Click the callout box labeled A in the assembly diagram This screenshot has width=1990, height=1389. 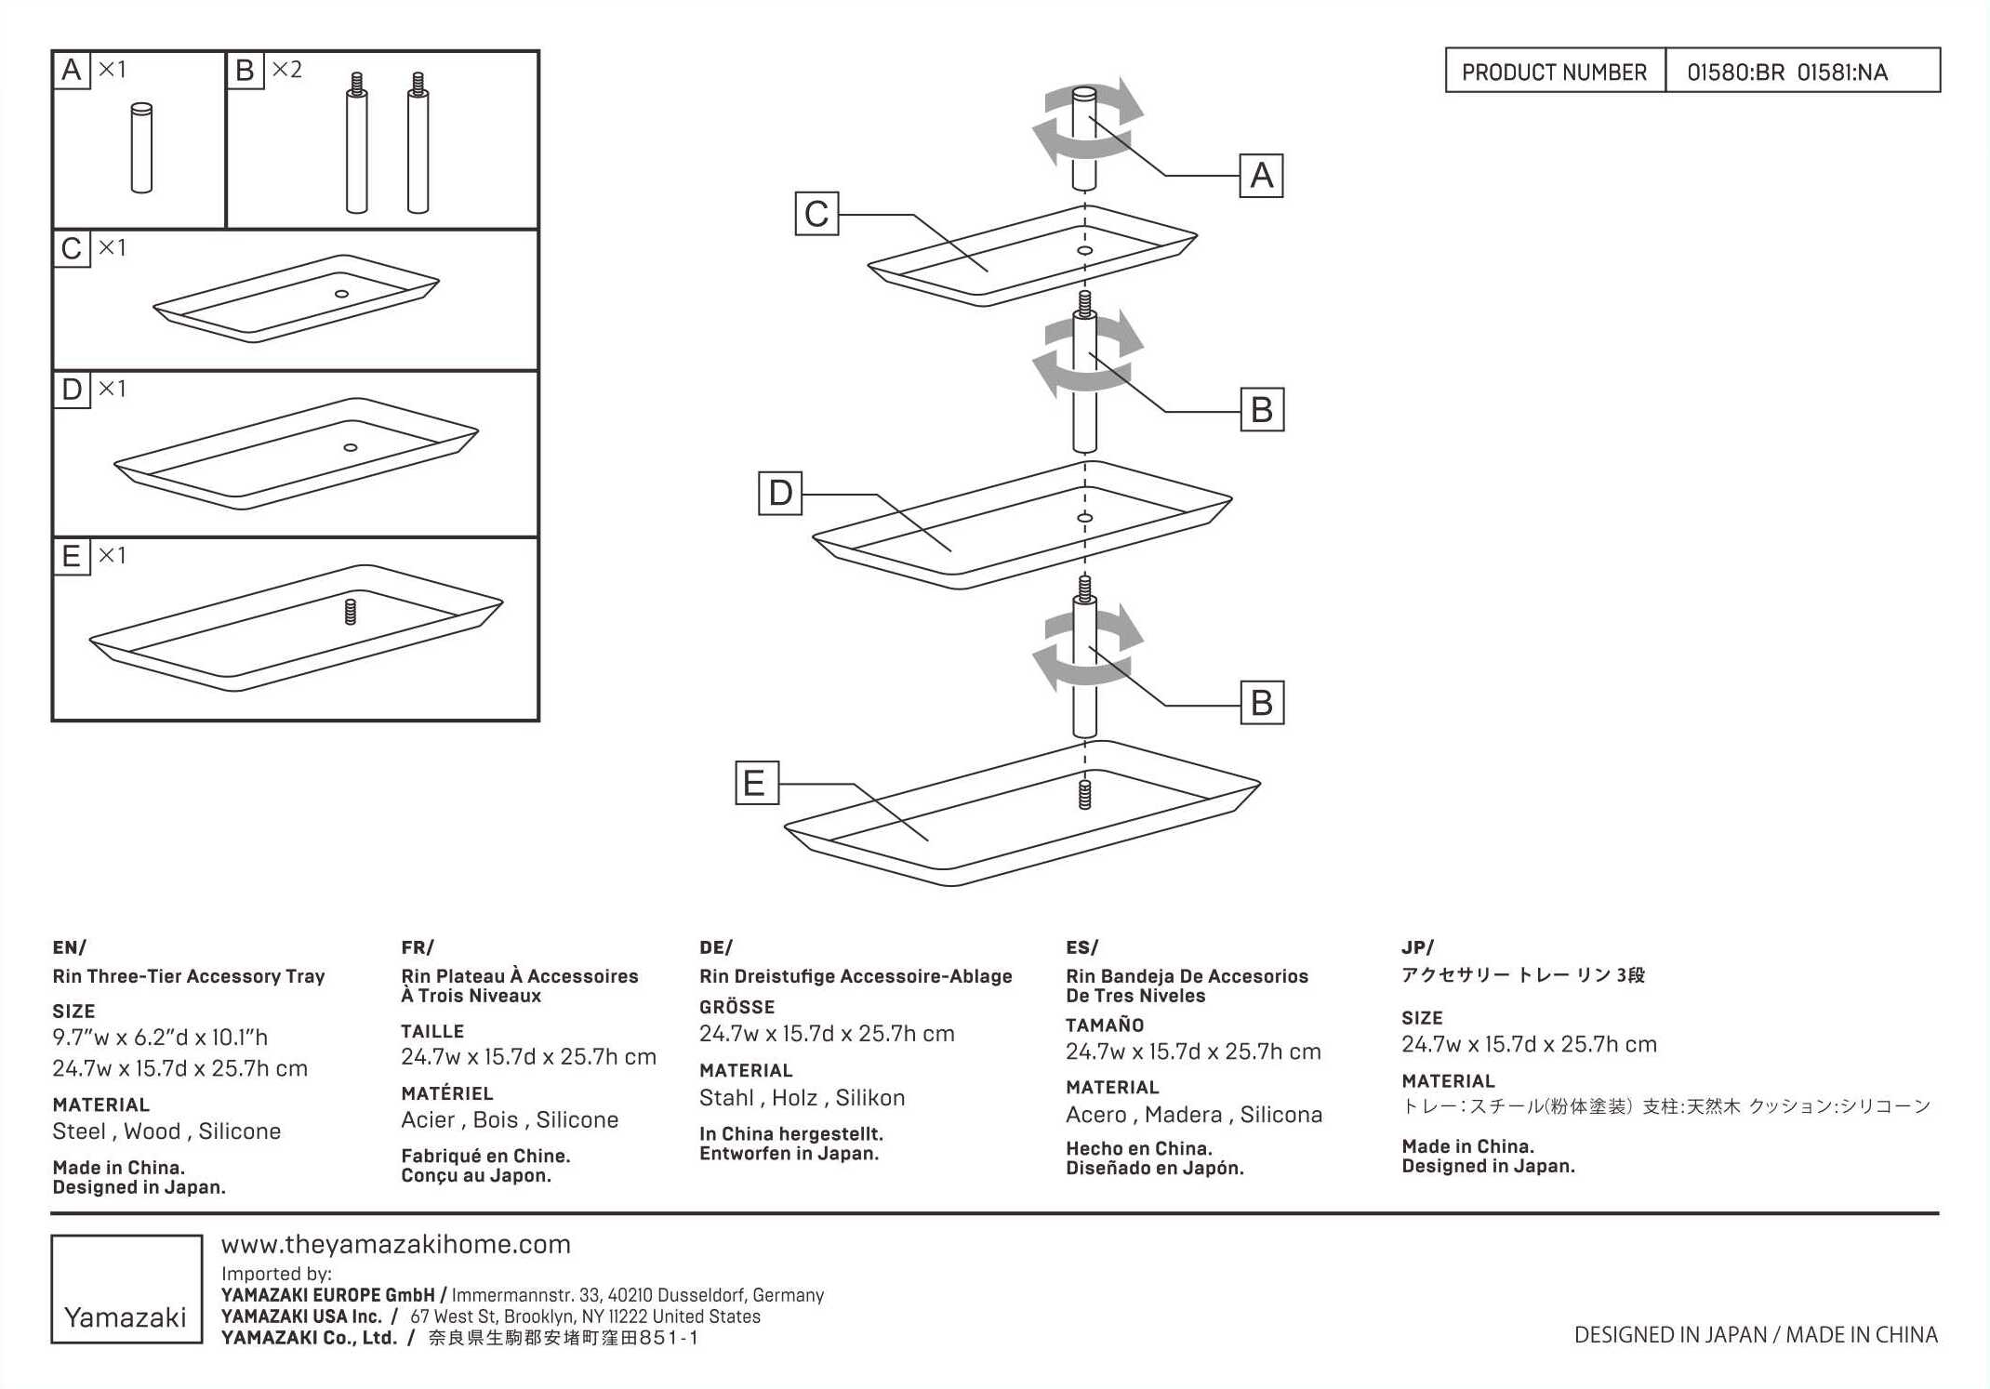pos(1261,176)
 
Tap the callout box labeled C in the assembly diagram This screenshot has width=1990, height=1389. pos(816,214)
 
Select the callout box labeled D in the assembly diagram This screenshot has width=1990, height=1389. pos(780,493)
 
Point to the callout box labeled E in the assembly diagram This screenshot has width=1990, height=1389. pos(756,783)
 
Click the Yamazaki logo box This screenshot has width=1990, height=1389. pos(126,1289)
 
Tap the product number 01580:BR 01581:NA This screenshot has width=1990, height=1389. pos(1786,73)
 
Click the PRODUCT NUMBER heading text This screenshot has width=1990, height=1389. pos(1554,73)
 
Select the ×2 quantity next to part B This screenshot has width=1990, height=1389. pos(286,70)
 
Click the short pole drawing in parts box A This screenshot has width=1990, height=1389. pos(141,148)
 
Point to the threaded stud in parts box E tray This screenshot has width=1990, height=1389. pos(351,612)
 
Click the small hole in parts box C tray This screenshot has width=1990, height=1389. pos(341,294)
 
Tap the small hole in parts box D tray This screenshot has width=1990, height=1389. pos(351,448)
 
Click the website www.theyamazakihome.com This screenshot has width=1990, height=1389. pos(396,1244)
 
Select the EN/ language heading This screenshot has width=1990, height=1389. pos(70,947)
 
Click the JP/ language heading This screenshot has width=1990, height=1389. pos(1417,947)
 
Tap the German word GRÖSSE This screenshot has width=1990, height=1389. pos(736,1007)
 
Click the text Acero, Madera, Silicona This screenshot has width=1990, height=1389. pos(1193,1115)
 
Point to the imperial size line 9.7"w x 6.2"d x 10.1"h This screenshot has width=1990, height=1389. pos(160,1038)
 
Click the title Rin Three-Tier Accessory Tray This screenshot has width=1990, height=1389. pos(189,976)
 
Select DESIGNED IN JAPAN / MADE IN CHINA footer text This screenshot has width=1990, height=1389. pos(1756,1335)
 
